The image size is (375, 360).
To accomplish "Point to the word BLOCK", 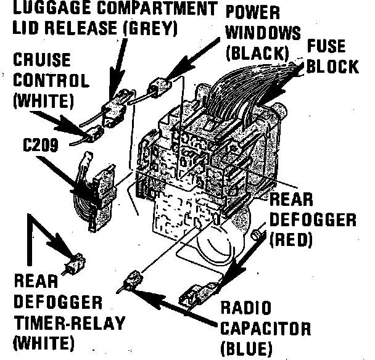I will click(332, 67).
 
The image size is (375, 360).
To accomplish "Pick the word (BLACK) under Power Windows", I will click(258, 53).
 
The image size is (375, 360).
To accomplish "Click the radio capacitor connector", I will click(131, 280).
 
